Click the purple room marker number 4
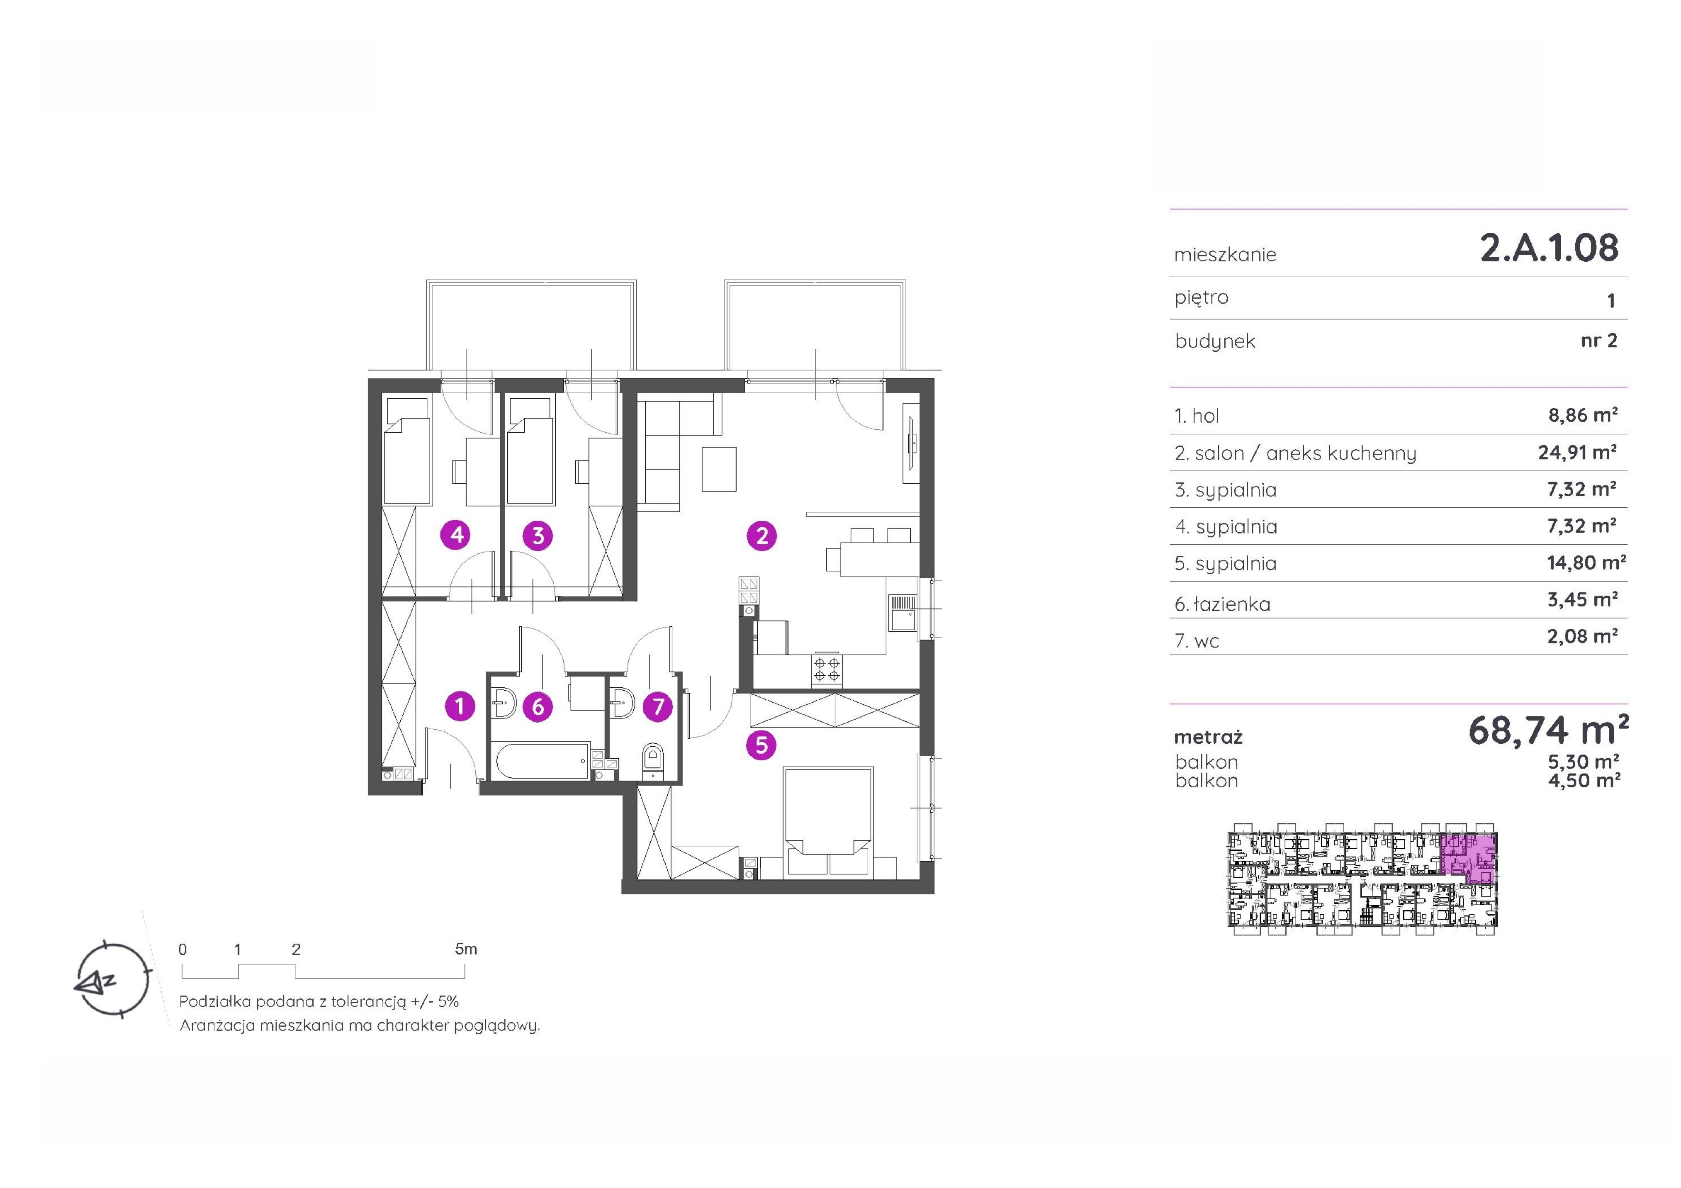coord(457,535)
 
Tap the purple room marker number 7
coord(658,706)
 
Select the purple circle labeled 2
coord(761,536)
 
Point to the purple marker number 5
coord(761,745)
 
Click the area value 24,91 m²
coord(1577,452)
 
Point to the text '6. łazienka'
coord(1223,604)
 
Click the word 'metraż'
coord(1208,737)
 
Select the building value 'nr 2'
coord(1599,340)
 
